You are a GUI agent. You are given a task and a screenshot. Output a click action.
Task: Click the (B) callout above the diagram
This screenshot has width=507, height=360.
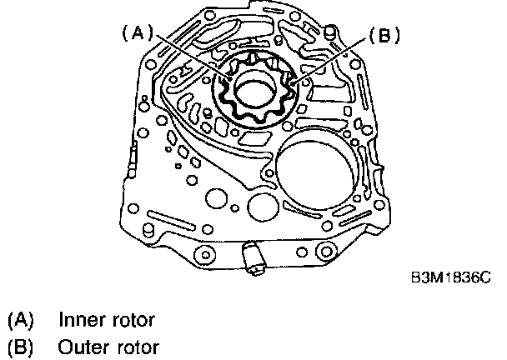point(384,36)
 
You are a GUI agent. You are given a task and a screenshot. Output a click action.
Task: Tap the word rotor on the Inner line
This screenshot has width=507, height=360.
point(134,319)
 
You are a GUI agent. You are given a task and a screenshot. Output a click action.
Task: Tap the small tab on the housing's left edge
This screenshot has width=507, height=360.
point(133,152)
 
